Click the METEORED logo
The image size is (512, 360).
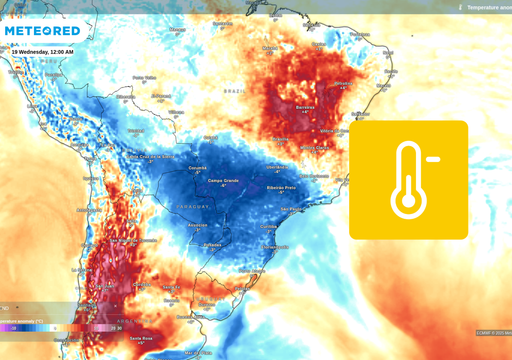point(41,31)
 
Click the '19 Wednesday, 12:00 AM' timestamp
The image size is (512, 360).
point(43,52)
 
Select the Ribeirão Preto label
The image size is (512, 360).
point(280,188)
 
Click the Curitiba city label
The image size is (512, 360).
point(269,227)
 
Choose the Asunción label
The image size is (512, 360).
point(198,225)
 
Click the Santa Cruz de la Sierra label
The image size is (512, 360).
point(152,157)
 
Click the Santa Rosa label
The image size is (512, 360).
point(142,339)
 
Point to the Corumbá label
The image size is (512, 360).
point(197,168)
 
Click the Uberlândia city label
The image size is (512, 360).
point(277,167)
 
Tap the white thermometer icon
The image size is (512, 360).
point(408,180)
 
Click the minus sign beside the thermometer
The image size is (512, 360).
point(433,158)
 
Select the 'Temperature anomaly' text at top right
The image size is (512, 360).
point(489,7)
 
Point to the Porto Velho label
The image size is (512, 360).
point(144,78)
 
